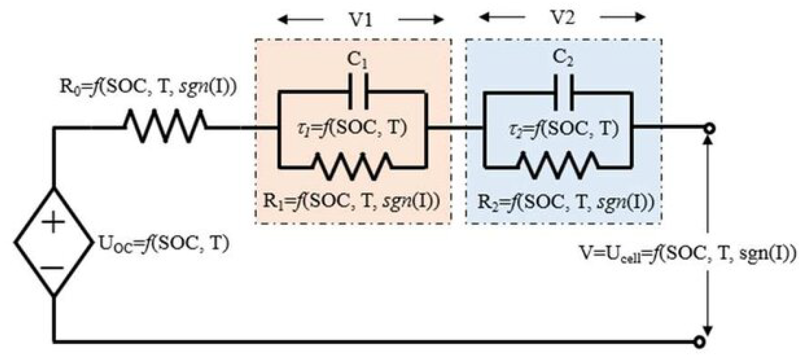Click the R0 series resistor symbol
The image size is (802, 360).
[x=165, y=126]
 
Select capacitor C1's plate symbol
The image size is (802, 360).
[x=358, y=91]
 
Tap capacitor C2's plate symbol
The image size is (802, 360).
[x=563, y=92]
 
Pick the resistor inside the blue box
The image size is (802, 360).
[x=557, y=165]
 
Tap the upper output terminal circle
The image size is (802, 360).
[x=708, y=129]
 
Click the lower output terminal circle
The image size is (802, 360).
[x=700, y=341]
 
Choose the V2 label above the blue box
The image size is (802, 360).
[x=562, y=18]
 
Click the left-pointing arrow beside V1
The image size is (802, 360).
[x=300, y=20]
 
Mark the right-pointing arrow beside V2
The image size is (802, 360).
[x=622, y=18]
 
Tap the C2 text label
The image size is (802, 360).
[x=563, y=58]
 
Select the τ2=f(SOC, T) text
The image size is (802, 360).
[x=563, y=129]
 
